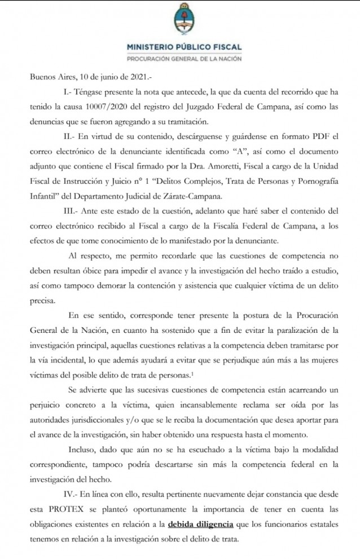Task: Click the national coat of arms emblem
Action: point(183,19)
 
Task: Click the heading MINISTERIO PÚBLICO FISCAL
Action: point(183,47)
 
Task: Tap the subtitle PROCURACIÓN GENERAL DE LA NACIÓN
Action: point(183,59)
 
